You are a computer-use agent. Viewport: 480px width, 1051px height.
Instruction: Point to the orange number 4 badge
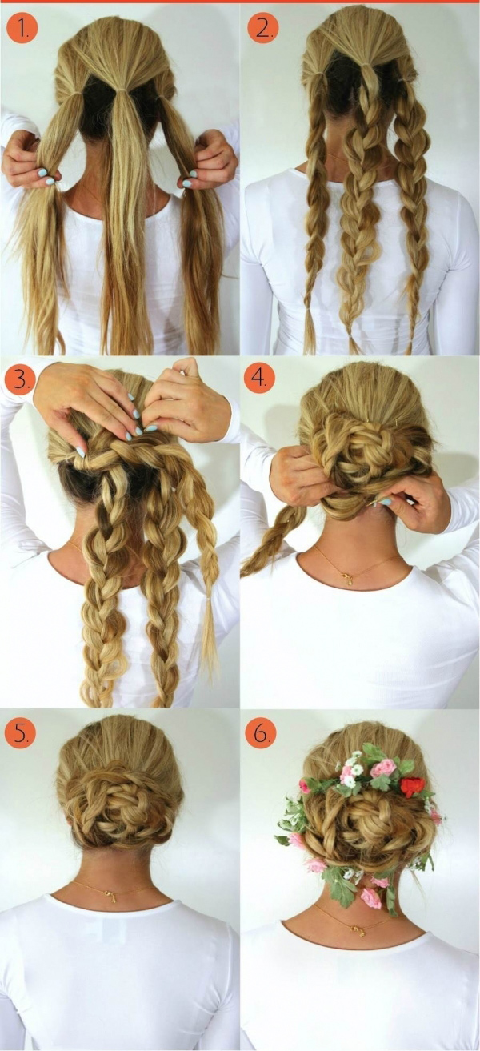(x=259, y=378)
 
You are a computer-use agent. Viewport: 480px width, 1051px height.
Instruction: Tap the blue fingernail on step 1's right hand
(x=186, y=183)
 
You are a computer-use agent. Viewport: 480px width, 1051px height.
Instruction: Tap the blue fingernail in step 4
(x=386, y=502)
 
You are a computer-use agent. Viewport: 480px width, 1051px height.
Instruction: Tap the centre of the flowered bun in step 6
(x=363, y=826)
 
